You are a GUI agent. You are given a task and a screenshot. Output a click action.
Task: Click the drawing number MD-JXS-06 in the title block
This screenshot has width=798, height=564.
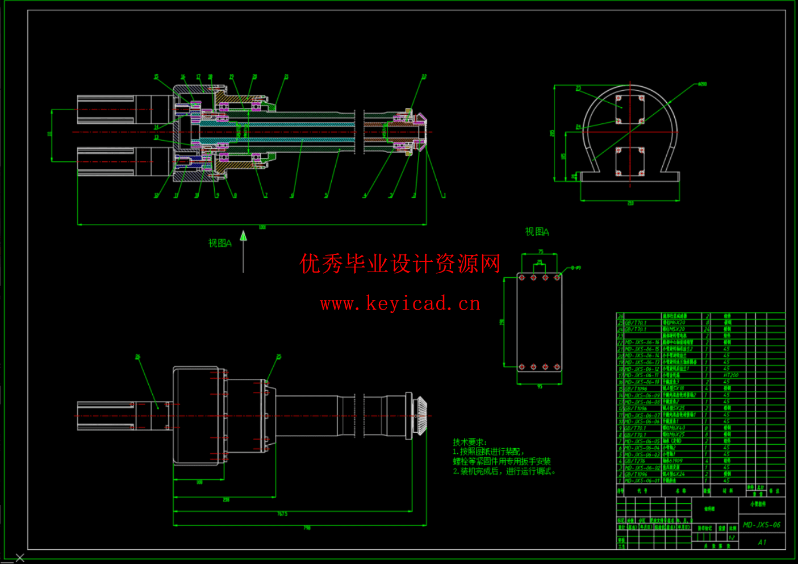pyautogui.click(x=762, y=525)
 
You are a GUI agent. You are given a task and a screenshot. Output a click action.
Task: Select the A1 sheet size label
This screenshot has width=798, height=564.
pyautogui.click(x=762, y=542)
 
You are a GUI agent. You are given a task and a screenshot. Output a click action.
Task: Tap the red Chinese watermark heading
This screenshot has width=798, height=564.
pyautogui.click(x=400, y=264)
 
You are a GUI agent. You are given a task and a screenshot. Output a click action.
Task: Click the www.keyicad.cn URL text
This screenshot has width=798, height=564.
pyautogui.click(x=400, y=304)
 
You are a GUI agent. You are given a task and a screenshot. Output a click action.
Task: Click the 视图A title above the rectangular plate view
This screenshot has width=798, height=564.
pyautogui.click(x=537, y=232)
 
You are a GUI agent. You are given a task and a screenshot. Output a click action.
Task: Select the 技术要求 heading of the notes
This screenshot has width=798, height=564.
pyautogui.click(x=469, y=442)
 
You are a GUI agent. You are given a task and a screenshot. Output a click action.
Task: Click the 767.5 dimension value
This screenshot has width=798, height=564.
pyautogui.click(x=282, y=514)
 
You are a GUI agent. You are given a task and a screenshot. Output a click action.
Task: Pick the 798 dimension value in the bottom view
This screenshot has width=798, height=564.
pyautogui.click(x=307, y=528)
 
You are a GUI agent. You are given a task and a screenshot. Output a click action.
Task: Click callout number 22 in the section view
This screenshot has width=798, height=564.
pyautogui.click(x=424, y=77)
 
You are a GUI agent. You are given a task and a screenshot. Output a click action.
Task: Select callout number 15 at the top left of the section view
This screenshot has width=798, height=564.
pyautogui.click(x=156, y=77)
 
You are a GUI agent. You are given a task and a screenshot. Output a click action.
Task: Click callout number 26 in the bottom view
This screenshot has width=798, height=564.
pyautogui.click(x=137, y=357)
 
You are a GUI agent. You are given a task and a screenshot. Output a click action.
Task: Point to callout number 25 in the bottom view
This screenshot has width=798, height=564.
pyautogui.click(x=279, y=357)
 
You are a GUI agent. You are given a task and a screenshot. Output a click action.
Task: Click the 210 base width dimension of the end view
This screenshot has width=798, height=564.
pyautogui.click(x=630, y=203)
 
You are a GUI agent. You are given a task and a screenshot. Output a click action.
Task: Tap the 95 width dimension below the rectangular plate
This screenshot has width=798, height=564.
pyautogui.click(x=539, y=387)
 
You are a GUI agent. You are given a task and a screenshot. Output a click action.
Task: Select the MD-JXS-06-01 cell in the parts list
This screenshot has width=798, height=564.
pyautogui.click(x=642, y=481)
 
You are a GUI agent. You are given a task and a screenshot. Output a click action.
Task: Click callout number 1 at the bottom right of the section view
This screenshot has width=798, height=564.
pyautogui.click(x=444, y=196)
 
